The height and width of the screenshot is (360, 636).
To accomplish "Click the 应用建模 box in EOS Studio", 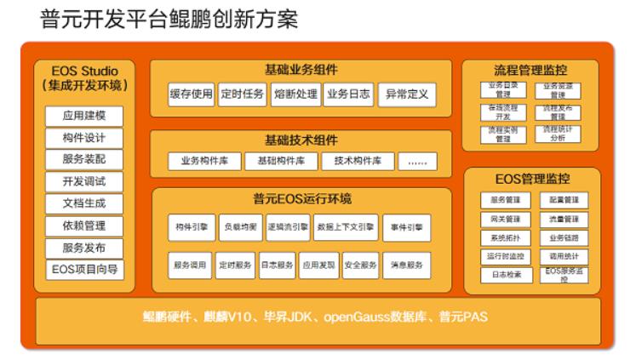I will click(x=84, y=116).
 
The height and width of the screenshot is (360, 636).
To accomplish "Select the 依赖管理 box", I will click(x=84, y=226).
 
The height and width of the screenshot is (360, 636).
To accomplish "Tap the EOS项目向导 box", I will click(x=84, y=270).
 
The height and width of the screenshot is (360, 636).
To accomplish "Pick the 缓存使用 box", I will click(x=191, y=94).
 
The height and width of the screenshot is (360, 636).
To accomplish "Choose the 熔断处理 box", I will click(x=295, y=94).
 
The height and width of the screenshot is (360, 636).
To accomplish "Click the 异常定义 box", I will click(x=406, y=94).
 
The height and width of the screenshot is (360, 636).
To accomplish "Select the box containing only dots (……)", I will click(x=416, y=160).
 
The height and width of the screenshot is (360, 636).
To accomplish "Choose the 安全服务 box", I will click(x=361, y=265).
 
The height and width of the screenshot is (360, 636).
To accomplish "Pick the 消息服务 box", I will click(x=406, y=265).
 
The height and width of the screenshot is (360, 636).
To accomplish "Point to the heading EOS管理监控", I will click(x=532, y=179).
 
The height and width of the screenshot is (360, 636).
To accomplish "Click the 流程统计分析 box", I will click(x=559, y=133).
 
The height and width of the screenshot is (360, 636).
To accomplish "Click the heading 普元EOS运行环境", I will click(x=301, y=198).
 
